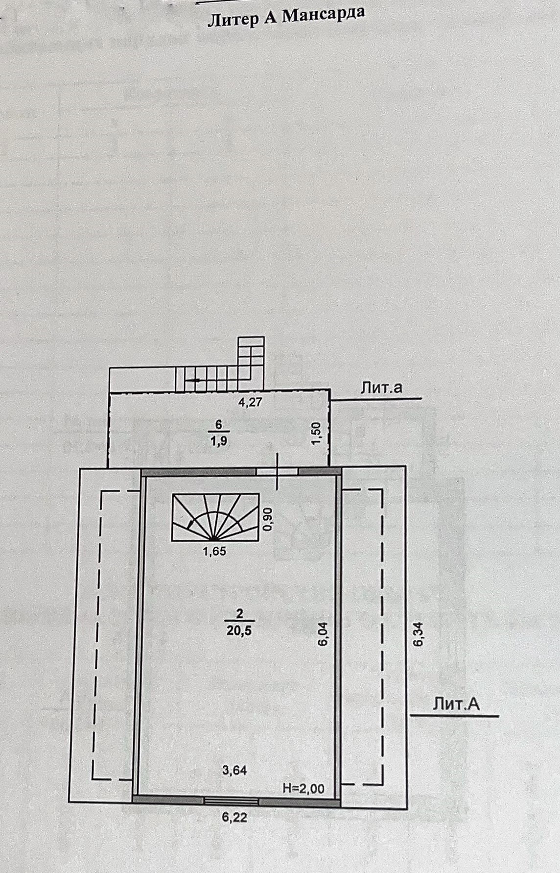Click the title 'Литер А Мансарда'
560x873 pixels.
[287, 17]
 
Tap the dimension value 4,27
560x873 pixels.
[250, 403]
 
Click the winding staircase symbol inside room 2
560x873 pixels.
[215, 517]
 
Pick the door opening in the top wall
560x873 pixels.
[278, 472]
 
